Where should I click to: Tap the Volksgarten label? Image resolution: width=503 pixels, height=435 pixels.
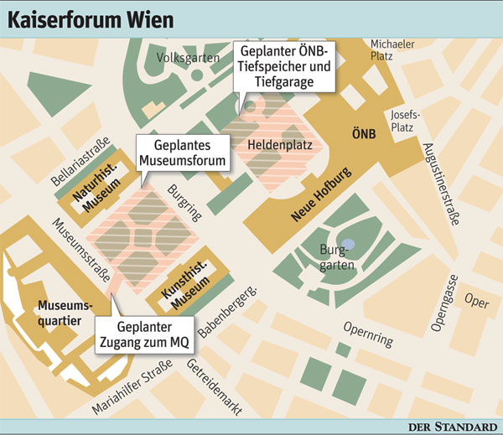pyautogui.click(x=189, y=58)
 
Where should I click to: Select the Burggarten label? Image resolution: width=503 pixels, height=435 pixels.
pyautogui.click(x=339, y=257)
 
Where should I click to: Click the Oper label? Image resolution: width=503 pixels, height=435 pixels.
pyautogui.click(x=476, y=303)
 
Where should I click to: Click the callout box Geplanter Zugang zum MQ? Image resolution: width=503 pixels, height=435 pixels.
pyautogui.click(x=144, y=335)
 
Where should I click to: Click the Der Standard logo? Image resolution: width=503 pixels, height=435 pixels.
pyautogui.click(x=452, y=427)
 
